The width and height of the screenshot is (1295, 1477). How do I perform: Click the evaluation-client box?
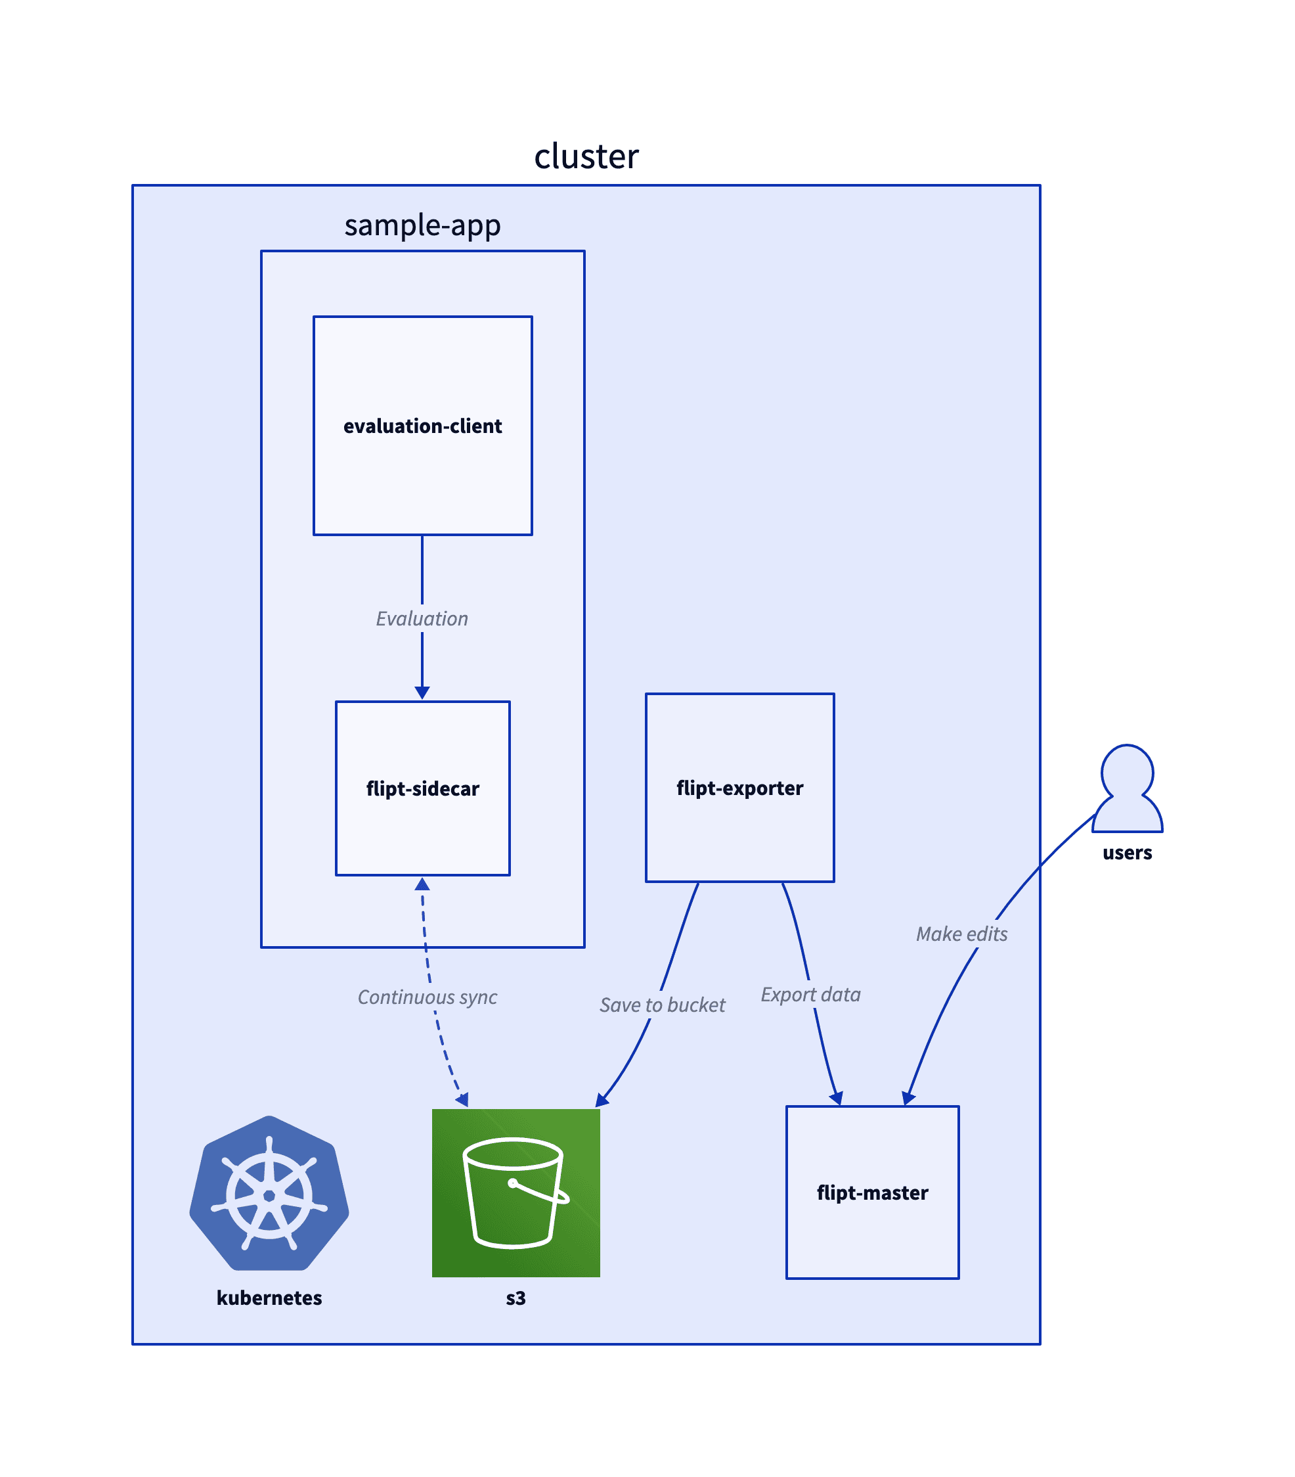click(422, 426)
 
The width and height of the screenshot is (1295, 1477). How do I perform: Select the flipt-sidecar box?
click(422, 788)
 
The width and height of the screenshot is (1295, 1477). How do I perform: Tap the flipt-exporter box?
click(739, 787)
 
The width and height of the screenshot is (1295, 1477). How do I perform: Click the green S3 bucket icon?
click(516, 1193)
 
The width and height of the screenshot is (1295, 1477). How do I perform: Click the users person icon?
click(1127, 788)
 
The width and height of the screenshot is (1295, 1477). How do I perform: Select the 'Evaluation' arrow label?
click(422, 618)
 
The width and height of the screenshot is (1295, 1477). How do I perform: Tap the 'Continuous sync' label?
click(427, 997)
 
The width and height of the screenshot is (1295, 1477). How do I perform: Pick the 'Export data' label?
click(810, 995)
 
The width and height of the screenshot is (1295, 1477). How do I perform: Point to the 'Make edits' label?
click(961, 934)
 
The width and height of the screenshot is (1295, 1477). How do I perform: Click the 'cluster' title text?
click(586, 156)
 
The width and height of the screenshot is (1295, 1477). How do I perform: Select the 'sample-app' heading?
click(422, 225)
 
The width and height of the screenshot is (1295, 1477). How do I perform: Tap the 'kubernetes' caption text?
click(269, 1298)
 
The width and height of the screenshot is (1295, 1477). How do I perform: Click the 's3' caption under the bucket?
click(516, 1298)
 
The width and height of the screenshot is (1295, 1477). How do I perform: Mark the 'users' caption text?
click(1127, 853)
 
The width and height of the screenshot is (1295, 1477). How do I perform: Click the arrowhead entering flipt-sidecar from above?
click(422, 693)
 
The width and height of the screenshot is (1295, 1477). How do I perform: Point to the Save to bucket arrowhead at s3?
click(602, 1101)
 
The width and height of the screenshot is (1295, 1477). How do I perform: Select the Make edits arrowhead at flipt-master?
click(908, 1099)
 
